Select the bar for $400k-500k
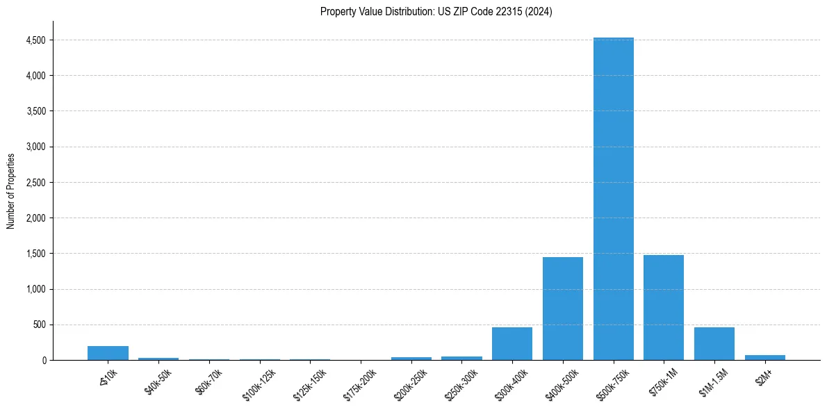(x=562, y=309)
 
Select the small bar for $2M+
(x=764, y=357)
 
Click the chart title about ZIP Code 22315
(x=436, y=12)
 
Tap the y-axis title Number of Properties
(x=11, y=190)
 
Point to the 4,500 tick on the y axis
(x=35, y=40)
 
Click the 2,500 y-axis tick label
(x=35, y=183)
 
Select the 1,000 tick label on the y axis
(x=35, y=289)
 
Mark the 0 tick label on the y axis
(x=43, y=360)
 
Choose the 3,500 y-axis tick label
(x=35, y=111)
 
